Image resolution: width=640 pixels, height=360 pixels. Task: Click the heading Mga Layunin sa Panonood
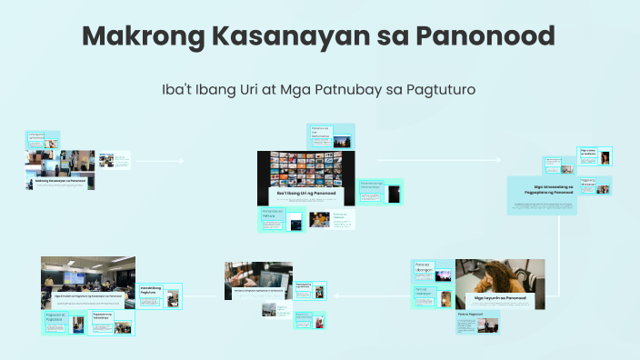click(499, 297)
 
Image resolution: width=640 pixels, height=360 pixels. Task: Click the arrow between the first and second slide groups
click(173, 161)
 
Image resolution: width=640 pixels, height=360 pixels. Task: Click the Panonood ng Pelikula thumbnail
click(273, 219)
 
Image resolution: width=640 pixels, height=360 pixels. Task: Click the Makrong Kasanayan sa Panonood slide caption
click(60, 181)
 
